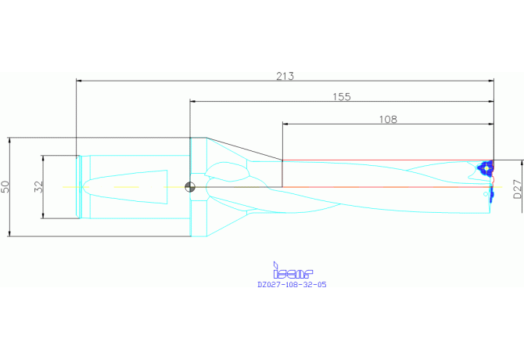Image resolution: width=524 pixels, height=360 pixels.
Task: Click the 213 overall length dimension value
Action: pos(285,76)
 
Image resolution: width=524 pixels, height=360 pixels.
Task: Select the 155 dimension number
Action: pos(342,97)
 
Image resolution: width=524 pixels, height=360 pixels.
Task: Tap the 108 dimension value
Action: pos(388,119)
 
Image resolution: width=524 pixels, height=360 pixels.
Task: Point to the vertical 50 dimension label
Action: pos(5,186)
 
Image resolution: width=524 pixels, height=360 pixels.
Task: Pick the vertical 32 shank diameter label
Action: pos(39,186)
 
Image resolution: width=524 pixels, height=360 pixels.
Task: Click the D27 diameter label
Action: pos(517,189)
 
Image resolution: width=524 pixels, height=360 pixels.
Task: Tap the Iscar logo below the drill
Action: pos(293,271)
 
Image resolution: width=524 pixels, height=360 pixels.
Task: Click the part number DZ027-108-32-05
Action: pos(292,285)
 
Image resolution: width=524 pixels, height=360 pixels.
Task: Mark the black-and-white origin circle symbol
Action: pos(190,187)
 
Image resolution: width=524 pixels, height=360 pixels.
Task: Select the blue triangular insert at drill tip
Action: pos(486,167)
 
